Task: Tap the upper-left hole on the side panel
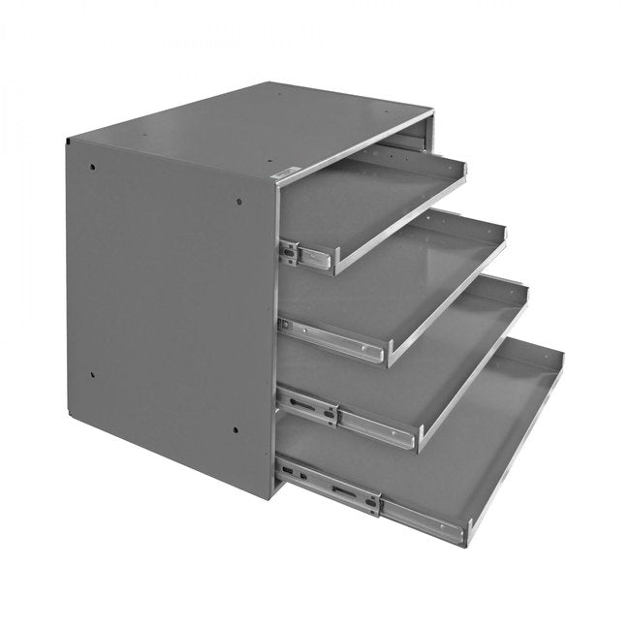pos(92,166)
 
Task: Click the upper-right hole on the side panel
pos(238,202)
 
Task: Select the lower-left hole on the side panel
pos(92,375)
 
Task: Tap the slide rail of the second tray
pos(330,339)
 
